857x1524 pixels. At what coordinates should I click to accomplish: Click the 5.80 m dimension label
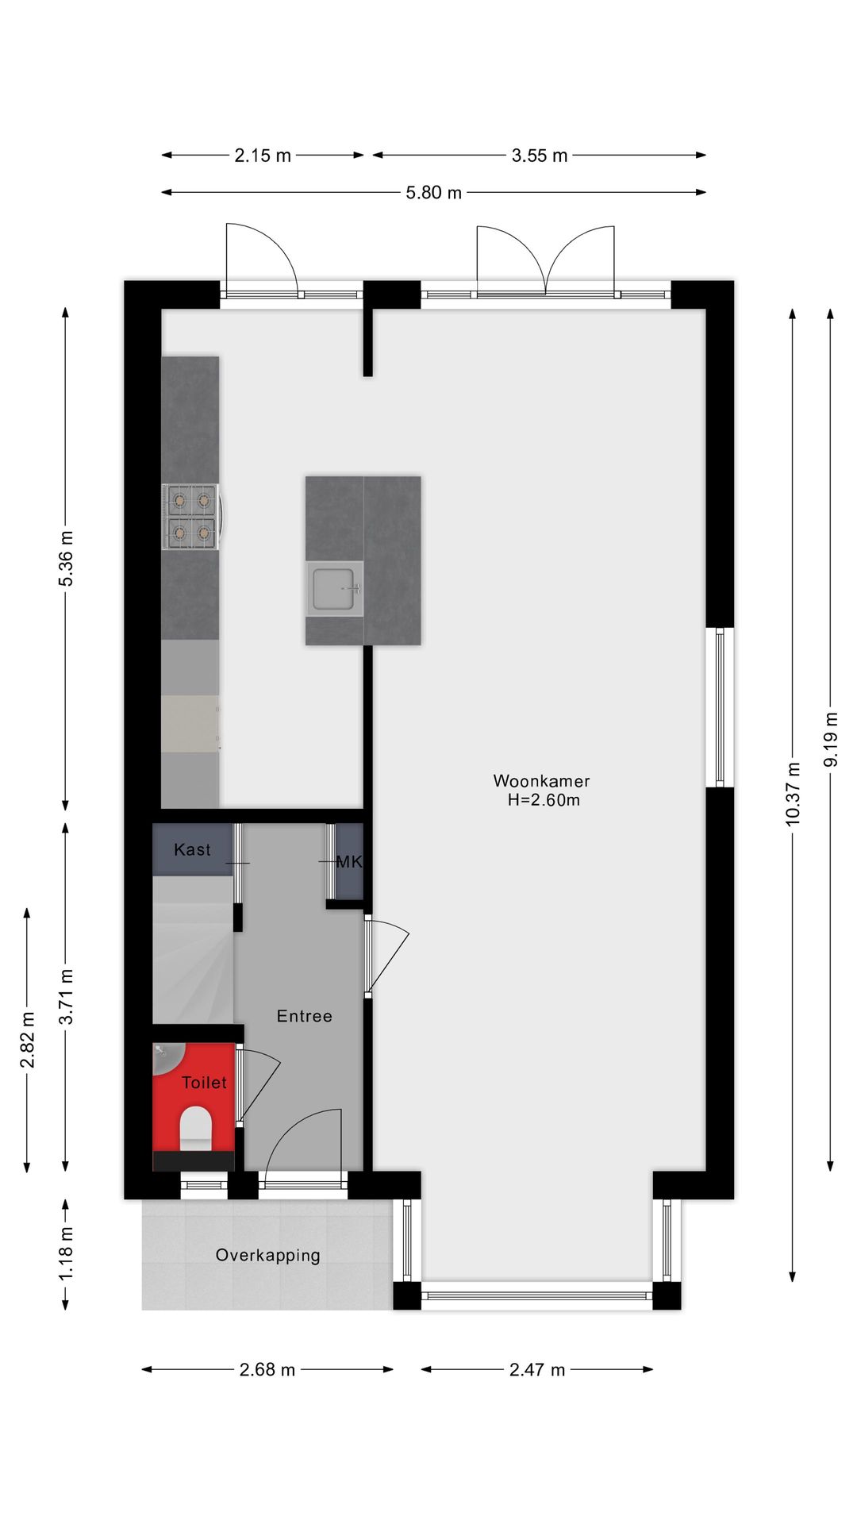click(433, 193)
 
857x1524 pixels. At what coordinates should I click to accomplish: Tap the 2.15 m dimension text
click(263, 156)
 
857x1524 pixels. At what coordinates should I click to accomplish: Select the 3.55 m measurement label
click(540, 156)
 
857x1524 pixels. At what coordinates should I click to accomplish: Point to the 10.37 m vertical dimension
click(793, 793)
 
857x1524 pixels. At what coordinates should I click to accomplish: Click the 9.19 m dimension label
click(831, 739)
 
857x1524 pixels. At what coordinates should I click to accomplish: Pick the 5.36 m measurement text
click(67, 558)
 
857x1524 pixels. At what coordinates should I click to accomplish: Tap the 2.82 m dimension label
click(28, 1040)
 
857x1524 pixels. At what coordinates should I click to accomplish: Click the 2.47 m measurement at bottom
click(537, 1369)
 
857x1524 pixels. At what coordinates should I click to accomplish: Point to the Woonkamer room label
click(541, 781)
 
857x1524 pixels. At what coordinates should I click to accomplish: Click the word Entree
click(304, 1016)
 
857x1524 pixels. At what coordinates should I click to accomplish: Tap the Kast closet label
click(192, 850)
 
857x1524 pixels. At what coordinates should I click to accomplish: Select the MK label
click(349, 862)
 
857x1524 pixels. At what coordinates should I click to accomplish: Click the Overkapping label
click(268, 1255)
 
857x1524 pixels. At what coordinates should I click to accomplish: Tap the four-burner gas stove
click(190, 517)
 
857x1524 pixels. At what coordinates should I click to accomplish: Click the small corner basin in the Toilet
click(164, 1055)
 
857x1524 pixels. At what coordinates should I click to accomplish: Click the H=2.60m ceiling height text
click(544, 800)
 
